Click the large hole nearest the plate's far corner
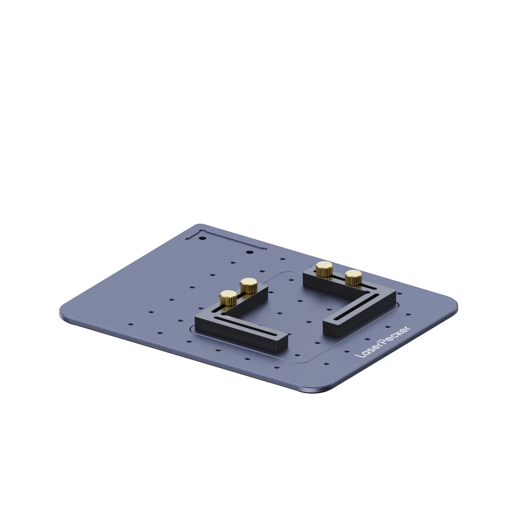tap(203, 238)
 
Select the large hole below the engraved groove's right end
tap(249, 252)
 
